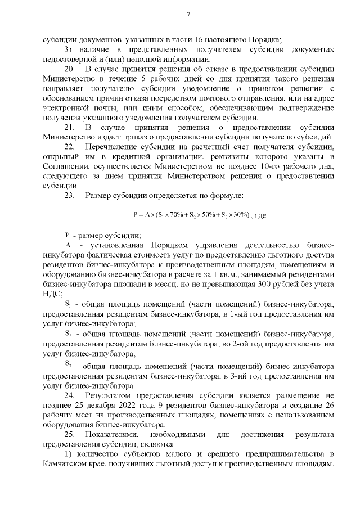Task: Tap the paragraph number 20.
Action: [70, 68]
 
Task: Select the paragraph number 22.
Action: [70, 146]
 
